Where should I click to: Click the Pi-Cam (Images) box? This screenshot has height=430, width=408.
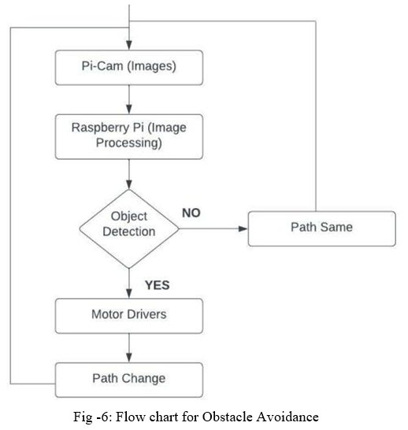(x=129, y=68)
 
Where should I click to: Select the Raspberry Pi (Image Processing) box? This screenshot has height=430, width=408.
(x=129, y=136)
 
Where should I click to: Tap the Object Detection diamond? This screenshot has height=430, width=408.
(x=129, y=228)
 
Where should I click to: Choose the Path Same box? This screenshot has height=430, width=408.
(x=322, y=228)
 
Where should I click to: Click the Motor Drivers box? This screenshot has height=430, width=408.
(x=129, y=316)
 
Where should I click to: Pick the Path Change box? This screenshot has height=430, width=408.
(x=129, y=380)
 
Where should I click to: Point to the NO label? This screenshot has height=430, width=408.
(x=191, y=213)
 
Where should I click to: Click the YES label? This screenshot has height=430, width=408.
(x=157, y=285)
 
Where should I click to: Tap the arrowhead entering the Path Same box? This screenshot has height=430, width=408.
(x=243, y=228)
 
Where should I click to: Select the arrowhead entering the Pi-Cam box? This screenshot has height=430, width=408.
(x=129, y=45)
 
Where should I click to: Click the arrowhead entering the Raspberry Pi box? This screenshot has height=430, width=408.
(x=129, y=109)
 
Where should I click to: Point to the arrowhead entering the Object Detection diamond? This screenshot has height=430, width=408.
(x=129, y=184)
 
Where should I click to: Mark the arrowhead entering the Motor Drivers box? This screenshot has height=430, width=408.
(x=129, y=294)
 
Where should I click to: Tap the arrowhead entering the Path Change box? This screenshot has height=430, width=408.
(x=129, y=358)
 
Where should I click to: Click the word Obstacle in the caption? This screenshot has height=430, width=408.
(x=227, y=417)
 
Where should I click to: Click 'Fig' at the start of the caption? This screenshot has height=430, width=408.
(x=83, y=417)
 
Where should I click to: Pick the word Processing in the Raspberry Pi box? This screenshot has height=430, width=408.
(x=129, y=143)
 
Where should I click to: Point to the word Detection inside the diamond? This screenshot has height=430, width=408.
(x=129, y=232)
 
